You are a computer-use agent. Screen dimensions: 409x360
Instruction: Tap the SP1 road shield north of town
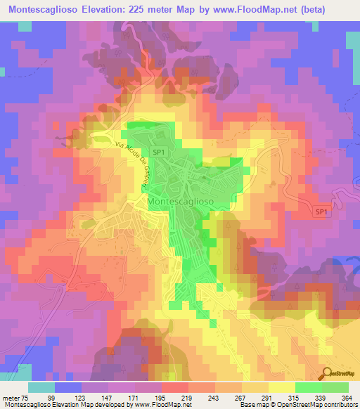click(x=160, y=151)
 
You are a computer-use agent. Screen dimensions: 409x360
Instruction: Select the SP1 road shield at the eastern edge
click(x=321, y=211)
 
